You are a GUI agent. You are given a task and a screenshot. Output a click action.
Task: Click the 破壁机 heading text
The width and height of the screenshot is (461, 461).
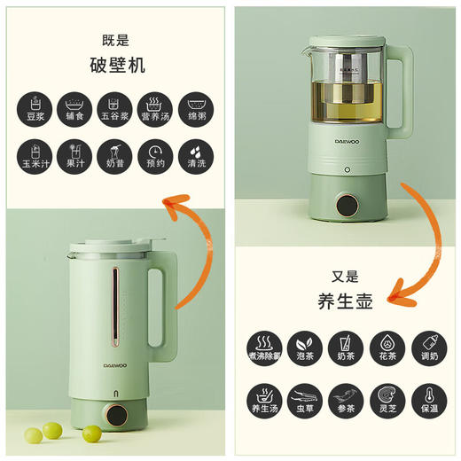(x=117, y=65)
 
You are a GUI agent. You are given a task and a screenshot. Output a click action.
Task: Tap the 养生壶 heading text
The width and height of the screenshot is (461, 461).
(x=345, y=301)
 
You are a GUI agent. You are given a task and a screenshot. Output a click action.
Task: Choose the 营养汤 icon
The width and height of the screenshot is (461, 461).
(x=157, y=108)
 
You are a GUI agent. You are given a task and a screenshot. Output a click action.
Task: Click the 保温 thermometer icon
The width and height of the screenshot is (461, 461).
(x=427, y=396)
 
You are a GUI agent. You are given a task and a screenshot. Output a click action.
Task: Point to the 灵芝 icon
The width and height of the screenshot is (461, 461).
(x=386, y=396)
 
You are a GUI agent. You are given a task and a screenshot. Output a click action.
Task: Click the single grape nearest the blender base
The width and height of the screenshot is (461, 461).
(x=91, y=434)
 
